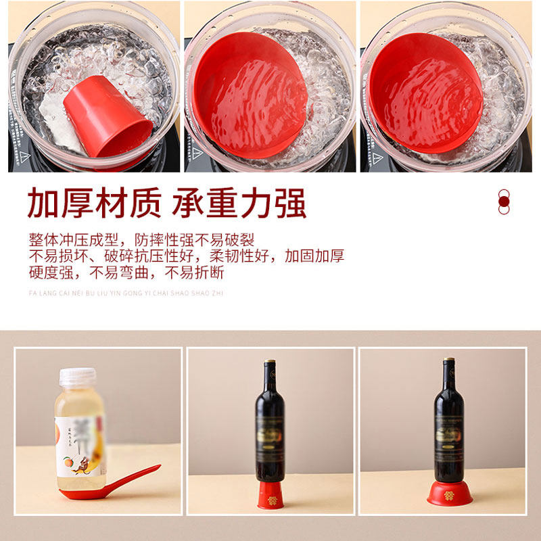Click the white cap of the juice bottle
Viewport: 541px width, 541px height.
point(77,377)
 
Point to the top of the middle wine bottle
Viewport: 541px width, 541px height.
point(270,365)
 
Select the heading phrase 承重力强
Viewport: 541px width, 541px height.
point(239,203)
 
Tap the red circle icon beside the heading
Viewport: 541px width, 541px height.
point(503,201)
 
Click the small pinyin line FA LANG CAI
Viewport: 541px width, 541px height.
point(126,293)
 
